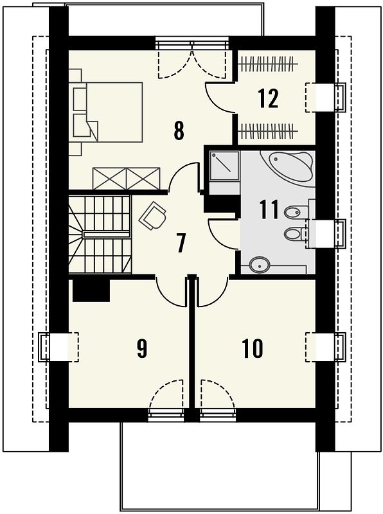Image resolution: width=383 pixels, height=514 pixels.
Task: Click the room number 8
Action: pyautogui.click(x=179, y=130)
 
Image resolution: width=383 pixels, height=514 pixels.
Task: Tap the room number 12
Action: pyautogui.click(x=268, y=98)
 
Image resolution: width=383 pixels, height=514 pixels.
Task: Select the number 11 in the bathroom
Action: pyautogui.click(x=269, y=209)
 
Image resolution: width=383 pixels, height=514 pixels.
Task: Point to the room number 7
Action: pyautogui.click(x=181, y=243)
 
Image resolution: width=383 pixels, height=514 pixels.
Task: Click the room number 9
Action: pyautogui.click(x=141, y=348)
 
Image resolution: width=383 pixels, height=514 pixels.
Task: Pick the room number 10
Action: pyautogui.click(x=253, y=348)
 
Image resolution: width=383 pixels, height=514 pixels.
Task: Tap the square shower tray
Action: pyautogui.click(x=224, y=166)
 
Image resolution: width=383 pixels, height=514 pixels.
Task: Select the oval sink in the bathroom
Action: pyautogui.click(x=259, y=265)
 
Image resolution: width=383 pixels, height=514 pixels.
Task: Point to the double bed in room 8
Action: pyautogui.click(x=107, y=112)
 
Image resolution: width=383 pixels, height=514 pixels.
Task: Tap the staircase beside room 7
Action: pyautogui.click(x=100, y=234)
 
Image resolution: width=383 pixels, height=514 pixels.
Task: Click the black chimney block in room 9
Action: pyautogui.click(x=91, y=290)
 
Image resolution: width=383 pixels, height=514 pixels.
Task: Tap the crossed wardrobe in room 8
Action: pyautogui.click(x=127, y=179)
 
